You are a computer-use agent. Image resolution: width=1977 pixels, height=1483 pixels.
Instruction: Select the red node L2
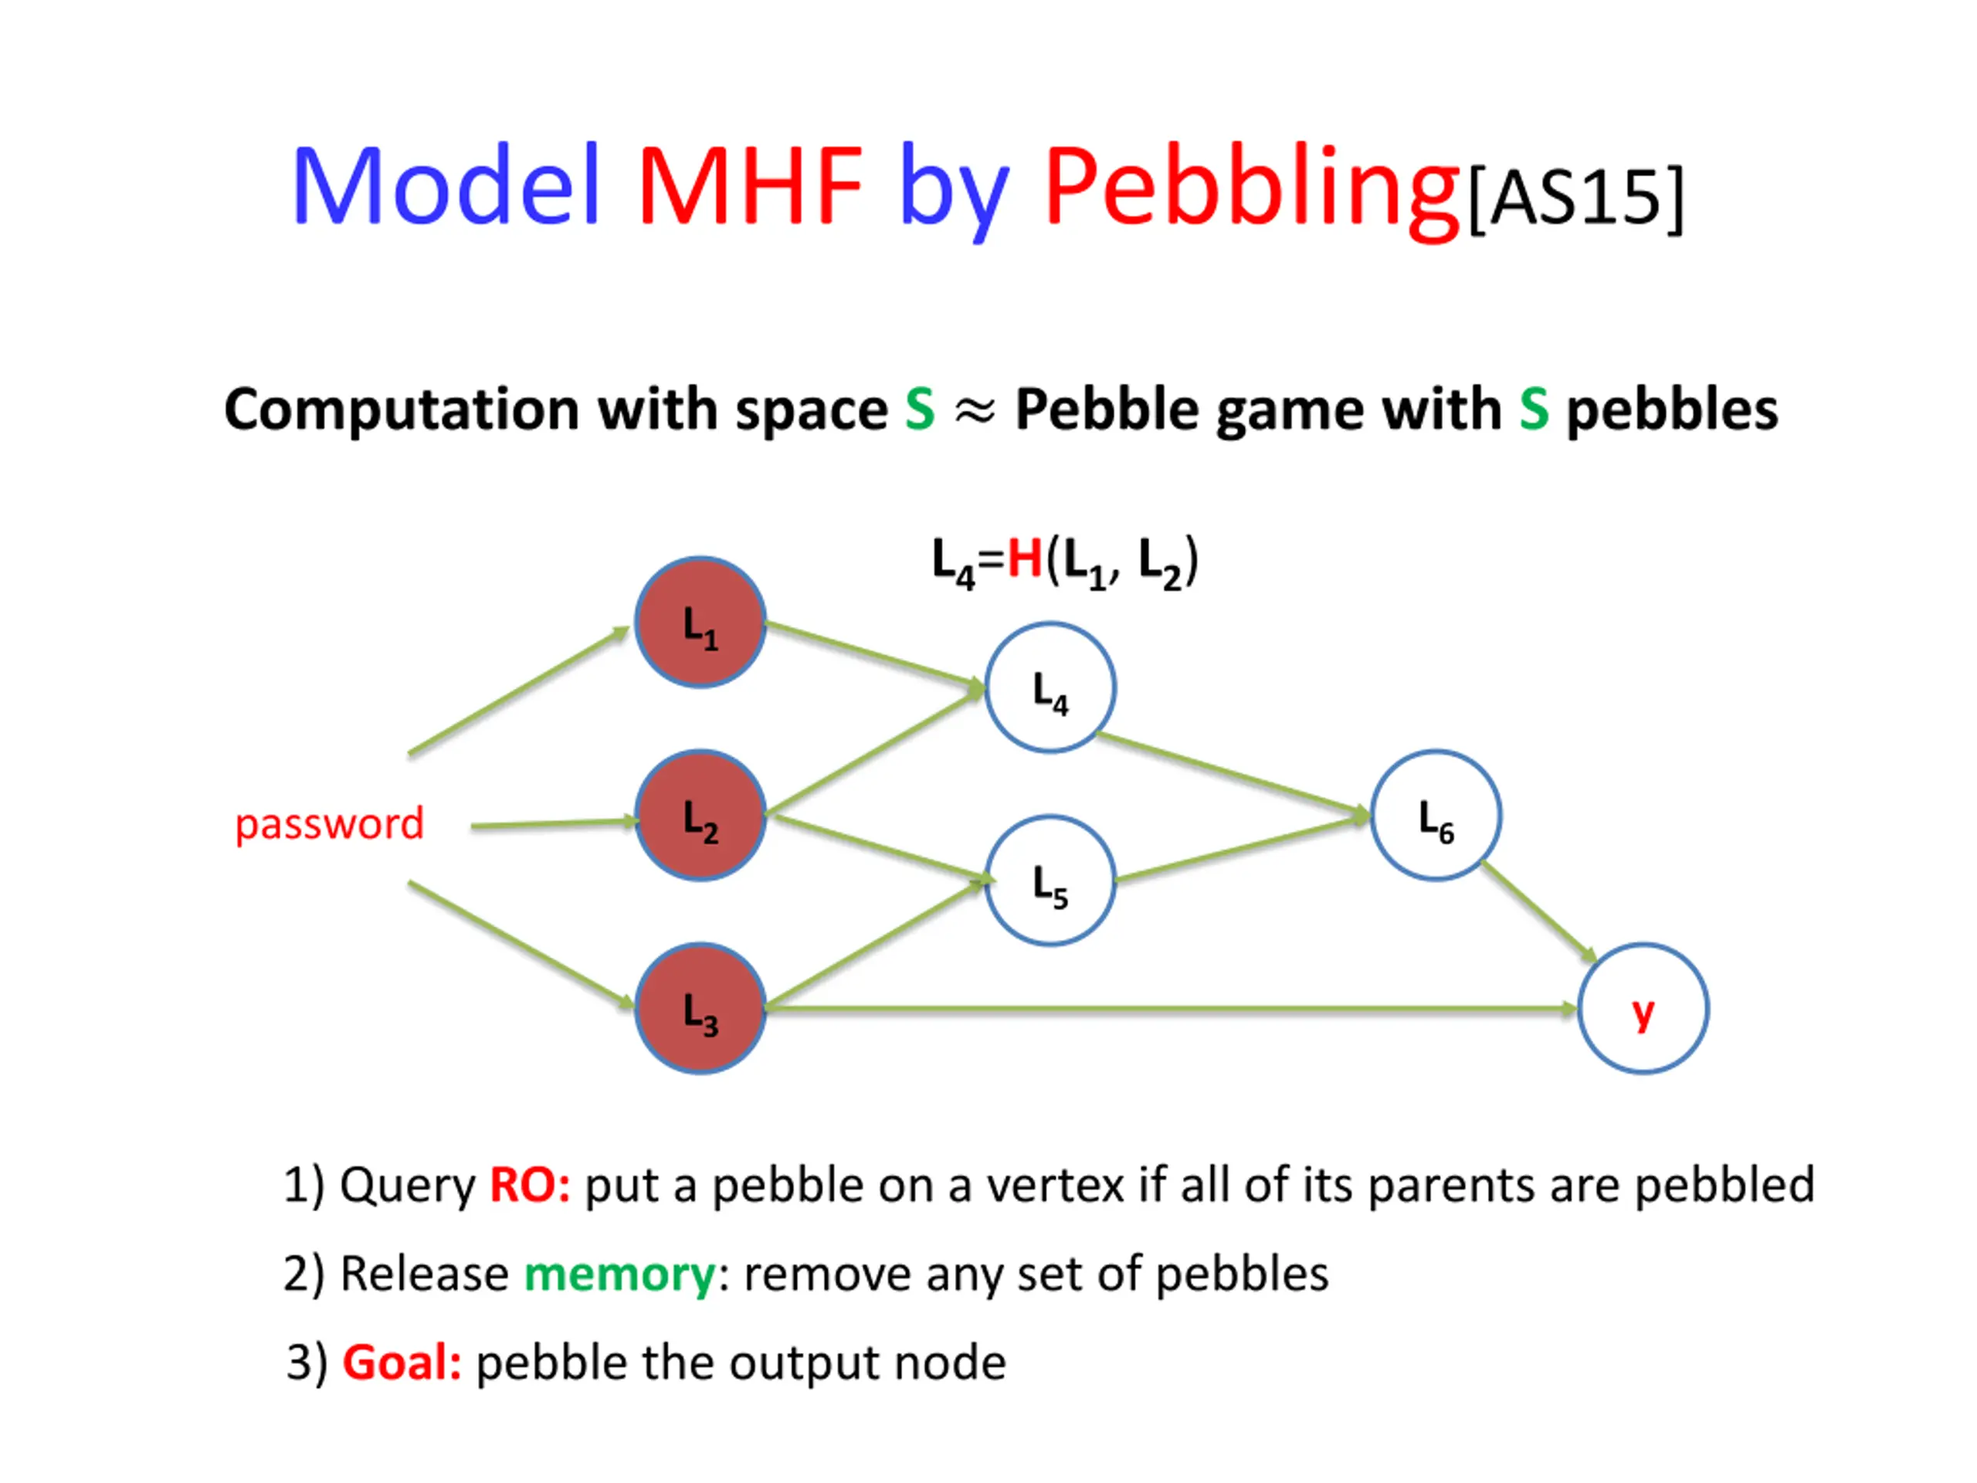click(700, 815)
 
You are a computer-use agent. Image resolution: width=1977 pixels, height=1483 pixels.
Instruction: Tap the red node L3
click(700, 1008)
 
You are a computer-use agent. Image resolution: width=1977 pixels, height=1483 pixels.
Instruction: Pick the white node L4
click(1050, 687)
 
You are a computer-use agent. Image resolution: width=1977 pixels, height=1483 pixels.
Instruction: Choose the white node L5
click(1050, 881)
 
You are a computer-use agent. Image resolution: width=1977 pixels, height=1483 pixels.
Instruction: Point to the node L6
click(1436, 815)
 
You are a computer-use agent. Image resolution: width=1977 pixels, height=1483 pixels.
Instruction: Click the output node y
click(1643, 1008)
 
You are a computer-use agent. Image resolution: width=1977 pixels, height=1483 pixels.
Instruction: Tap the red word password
click(329, 823)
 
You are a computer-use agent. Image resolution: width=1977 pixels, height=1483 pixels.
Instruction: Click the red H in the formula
click(1024, 561)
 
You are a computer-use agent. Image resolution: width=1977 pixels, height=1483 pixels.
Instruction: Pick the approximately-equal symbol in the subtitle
click(974, 411)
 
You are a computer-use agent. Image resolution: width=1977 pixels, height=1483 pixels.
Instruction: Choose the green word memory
click(619, 1274)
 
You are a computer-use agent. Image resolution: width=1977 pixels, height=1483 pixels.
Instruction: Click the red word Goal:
click(402, 1363)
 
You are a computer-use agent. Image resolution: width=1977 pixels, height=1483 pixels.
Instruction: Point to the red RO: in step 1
click(529, 1186)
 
